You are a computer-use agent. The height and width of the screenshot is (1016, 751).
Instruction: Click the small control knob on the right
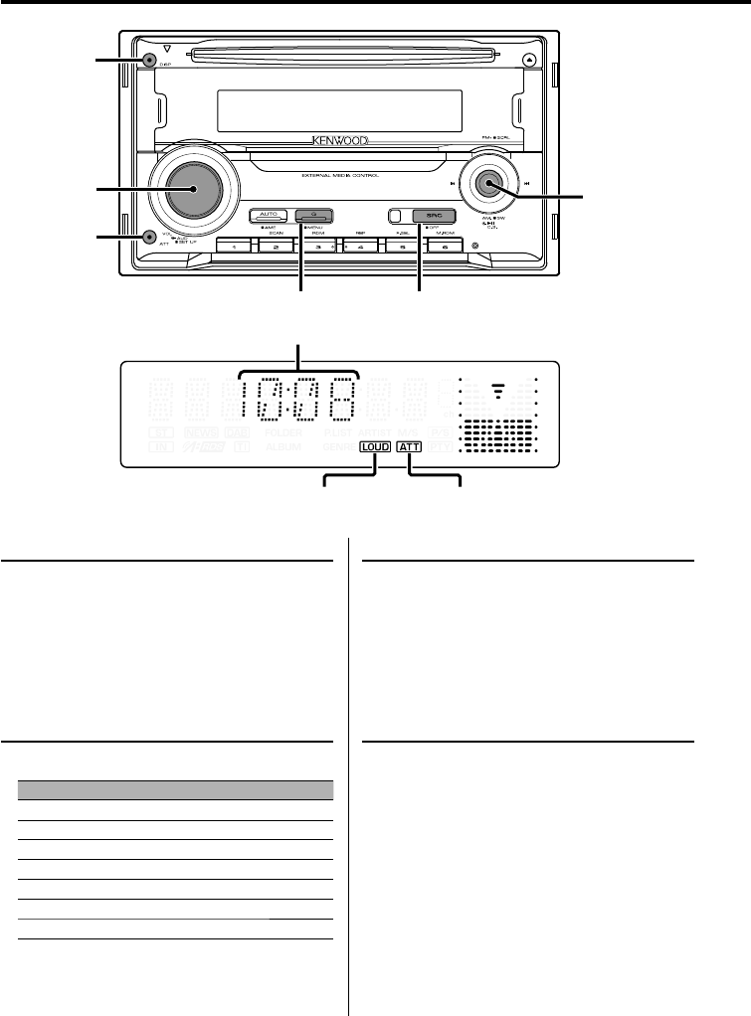coord(488,183)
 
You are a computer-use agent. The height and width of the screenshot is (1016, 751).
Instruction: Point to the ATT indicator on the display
coord(409,447)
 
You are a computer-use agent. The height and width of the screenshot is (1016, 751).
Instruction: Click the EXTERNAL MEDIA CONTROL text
coord(343,176)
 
